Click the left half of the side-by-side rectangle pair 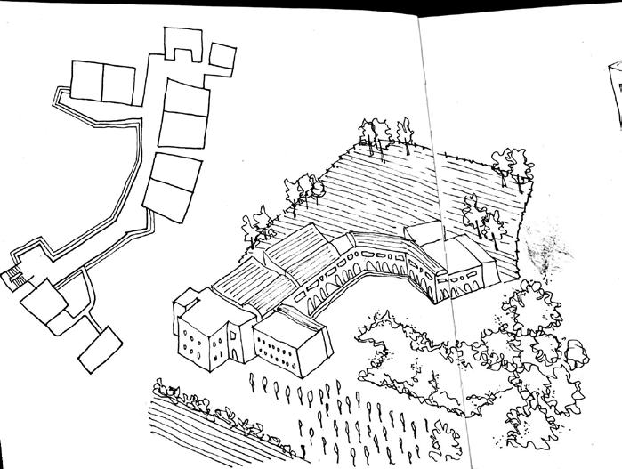87,82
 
